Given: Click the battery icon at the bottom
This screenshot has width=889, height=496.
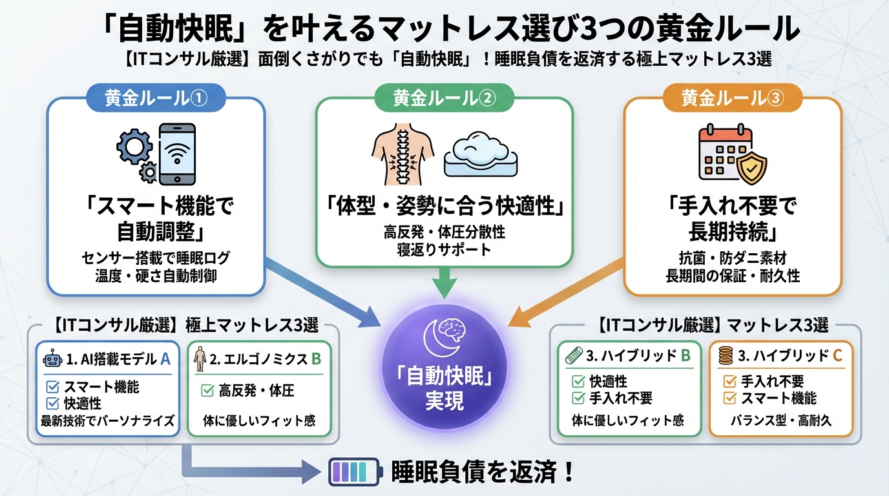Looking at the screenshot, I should (x=355, y=472).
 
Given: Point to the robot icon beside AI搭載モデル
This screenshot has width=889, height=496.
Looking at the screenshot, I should (x=51, y=359).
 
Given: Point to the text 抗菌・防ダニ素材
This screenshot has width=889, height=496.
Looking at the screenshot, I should (x=732, y=258).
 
